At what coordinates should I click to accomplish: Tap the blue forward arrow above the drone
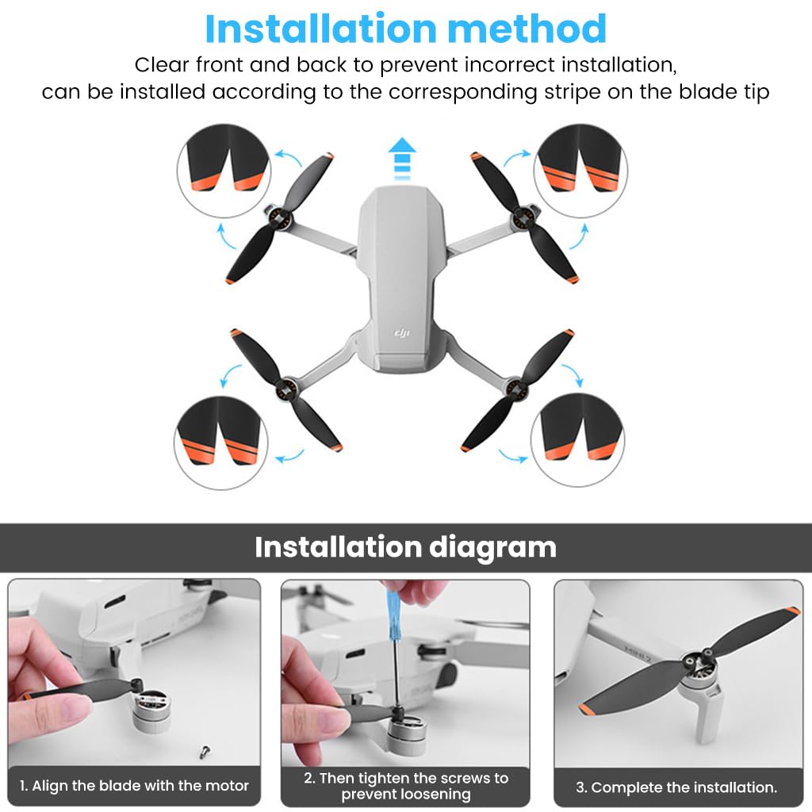[404, 159]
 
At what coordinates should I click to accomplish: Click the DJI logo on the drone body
[404, 335]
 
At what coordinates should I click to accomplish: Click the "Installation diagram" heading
[405, 548]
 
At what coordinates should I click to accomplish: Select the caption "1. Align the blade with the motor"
[134, 786]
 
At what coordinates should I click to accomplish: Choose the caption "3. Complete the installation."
[676, 787]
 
